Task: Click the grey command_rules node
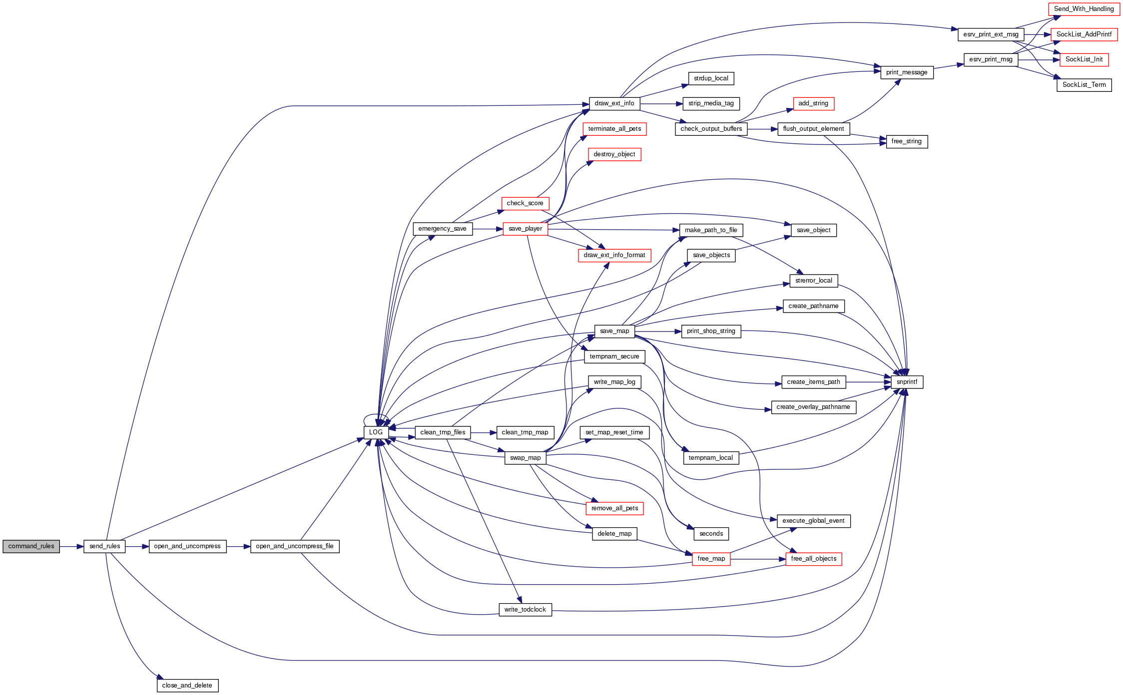click(x=31, y=546)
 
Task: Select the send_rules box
click(x=104, y=546)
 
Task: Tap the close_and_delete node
click(x=187, y=686)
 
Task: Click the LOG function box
click(x=376, y=432)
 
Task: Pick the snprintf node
click(x=907, y=382)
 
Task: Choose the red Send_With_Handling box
click(x=1084, y=9)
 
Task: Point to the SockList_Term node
click(x=1084, y=85)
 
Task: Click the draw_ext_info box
click(x=614, y=103)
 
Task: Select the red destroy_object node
click(x=614, y=154)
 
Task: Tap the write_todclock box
click(x=525, y=610)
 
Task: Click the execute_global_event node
click(x=813, y=521)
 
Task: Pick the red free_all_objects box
click(x=813, y=559)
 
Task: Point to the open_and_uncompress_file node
click(x=295, y=546)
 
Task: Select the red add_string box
click(x=813, y=103)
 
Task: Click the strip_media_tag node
click(x=711, y=103)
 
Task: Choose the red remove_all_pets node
click(x=614, y=508)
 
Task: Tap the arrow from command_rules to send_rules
click(x=71, y=547)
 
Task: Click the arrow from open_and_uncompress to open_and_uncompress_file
click(x=238, y=547)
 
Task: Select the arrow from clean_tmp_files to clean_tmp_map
click(x=483, y=433)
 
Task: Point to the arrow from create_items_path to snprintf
click(x=869, y=382)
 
